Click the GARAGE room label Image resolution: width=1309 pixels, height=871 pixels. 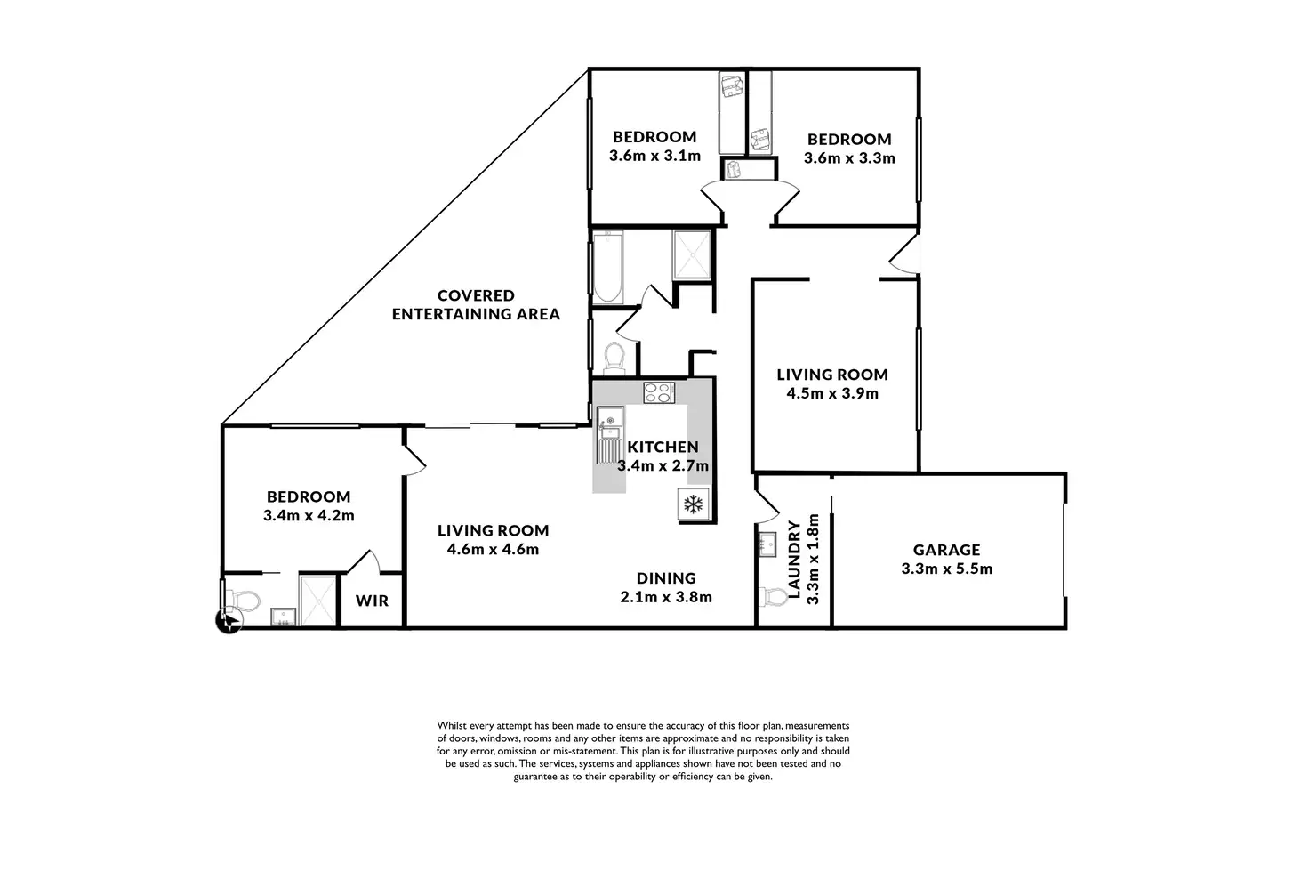click(x=947, y=550)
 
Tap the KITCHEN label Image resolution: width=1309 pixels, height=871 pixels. click(x=663, y=448)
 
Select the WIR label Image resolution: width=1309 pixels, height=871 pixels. click(x=372, y=601)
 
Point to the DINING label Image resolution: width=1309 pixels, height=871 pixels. click(x=666, y=578)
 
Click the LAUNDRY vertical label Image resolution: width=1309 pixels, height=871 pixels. click(x=794, y=560)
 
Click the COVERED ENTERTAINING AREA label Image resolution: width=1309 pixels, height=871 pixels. click(x=476, y=304)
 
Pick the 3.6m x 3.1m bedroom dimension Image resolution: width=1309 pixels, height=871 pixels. click(x=654, y=156)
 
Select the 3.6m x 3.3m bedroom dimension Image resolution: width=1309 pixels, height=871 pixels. click(x=849, y=157)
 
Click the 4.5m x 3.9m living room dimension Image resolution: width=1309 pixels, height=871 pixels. click(x=832, y=393)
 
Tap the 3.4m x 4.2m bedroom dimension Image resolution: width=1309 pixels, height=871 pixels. click(x=309, y=516)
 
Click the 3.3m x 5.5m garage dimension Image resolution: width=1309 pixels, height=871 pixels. click(x=947, y=569)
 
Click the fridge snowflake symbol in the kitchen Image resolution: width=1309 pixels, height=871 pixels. click(x=694, y=504)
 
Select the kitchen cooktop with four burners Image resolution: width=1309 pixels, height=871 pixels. click(x=659, y=393)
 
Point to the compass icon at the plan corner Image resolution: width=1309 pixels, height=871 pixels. click(x=229, y=621)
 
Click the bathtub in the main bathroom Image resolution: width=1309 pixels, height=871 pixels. click(x=608, y=267)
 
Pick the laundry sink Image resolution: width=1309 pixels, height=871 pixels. click(x=767, y=544)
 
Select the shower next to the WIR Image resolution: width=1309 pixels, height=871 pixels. click(x=317, y=601)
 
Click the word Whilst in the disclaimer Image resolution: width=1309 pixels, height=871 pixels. click(x=452, y=726)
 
